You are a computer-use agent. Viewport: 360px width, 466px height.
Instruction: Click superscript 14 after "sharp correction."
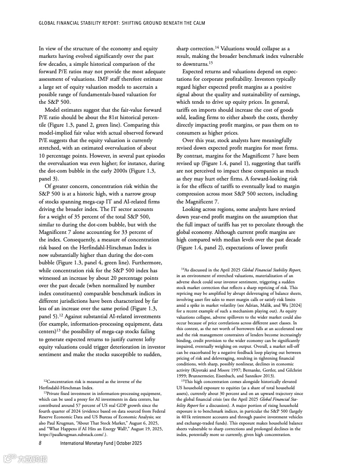(217, 47)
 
